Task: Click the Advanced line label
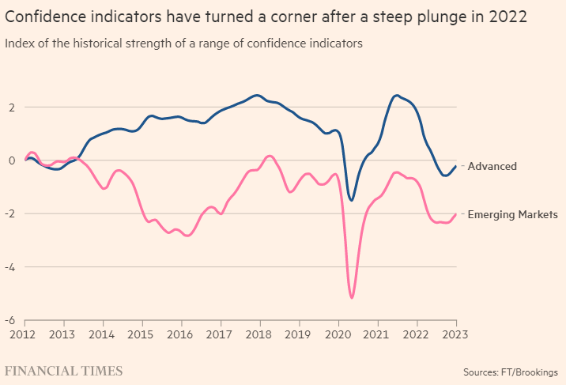[492, 166]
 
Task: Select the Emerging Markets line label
[513, 214]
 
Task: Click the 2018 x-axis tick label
[259, 334]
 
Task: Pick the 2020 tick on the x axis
[338, 334]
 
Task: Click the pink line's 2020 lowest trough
[352, 298]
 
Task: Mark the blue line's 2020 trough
[352, 200]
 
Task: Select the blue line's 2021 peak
[396, 96]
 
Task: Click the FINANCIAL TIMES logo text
[64, 371]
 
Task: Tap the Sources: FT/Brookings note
[510, 372]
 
